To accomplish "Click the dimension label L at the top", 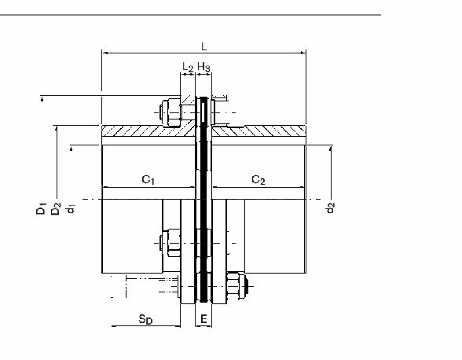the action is coord(204,46).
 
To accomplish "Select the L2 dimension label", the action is coord(187,68).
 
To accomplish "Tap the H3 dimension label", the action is coord(204,68).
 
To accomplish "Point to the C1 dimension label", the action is coord(148,179).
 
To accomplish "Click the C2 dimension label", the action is coord(258,179).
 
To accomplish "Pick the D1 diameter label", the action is coord(41,208).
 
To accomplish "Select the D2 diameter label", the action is coord(56,208).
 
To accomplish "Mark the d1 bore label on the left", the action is coord(71,208).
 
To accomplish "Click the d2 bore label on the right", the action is coord(331,208).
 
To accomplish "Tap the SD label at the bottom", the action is coord(145,319).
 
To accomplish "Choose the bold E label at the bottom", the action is coord(203,319).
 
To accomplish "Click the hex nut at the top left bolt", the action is coord(170,112).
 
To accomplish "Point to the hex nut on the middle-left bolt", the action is coord(170,243).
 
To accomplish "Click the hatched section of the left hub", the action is coord(148,131).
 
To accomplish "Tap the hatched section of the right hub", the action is coord(258,131).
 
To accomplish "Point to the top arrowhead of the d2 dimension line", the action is coord(331,149).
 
